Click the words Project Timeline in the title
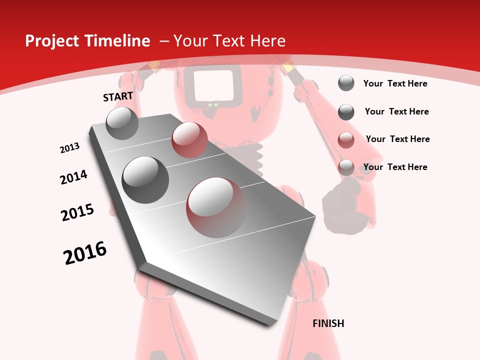coord(87,41)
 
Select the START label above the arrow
coord(118,96)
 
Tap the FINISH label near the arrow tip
coord(328,323)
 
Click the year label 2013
coord(70,148)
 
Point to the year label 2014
coord(73,177)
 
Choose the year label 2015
coord(77,212)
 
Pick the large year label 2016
coord(85,253)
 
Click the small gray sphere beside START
coord(122,123)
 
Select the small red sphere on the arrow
coord(189,140)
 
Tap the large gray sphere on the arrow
coord(145,179)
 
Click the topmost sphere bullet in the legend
coord(346,83)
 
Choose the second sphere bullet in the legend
coord(346,112)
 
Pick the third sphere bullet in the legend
coord(346,140)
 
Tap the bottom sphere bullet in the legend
coord(346,167)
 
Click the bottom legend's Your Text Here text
coord(395,167)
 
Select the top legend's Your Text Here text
coord(395,83)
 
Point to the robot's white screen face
coord(214,85)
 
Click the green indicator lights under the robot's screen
coord(213,105)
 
